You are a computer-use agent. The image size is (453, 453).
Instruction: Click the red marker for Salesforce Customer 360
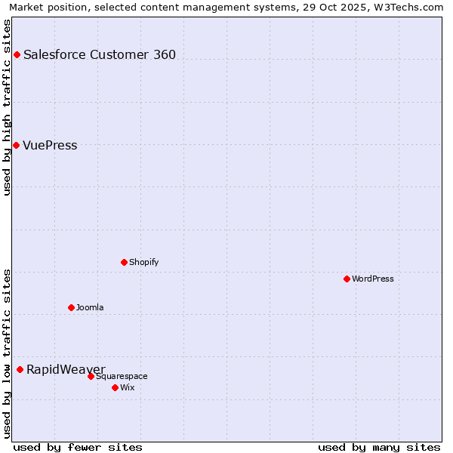(17, 54)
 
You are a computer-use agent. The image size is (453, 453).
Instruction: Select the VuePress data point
(16, 145)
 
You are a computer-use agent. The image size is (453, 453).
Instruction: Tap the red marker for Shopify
(124, 262)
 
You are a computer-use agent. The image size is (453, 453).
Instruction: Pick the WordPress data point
(347, 279)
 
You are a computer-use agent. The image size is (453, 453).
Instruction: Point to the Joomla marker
(71, 307)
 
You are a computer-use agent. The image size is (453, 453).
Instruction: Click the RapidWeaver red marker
(20, 369)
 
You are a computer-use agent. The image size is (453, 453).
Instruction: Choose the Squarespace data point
(91, 376)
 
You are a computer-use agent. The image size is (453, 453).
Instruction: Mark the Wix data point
(115, 387)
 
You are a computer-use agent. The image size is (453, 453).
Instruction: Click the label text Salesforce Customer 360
(100, 54)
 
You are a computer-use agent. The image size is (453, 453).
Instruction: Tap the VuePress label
(50, 145)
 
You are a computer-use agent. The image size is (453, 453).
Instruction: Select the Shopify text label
(143, 262)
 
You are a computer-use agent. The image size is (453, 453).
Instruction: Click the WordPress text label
(373, 279)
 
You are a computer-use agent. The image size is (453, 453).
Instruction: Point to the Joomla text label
(90, 307)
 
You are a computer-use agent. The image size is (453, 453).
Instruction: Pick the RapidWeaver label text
(66, 369)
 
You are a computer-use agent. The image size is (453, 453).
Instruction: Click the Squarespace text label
(122, 376)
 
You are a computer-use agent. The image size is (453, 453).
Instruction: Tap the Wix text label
(128, 387)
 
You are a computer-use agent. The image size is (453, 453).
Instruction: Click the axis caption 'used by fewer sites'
(78, 447)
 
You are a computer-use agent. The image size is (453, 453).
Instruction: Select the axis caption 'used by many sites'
(379, 447)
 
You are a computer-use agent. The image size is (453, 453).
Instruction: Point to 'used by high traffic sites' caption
(7, 107)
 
